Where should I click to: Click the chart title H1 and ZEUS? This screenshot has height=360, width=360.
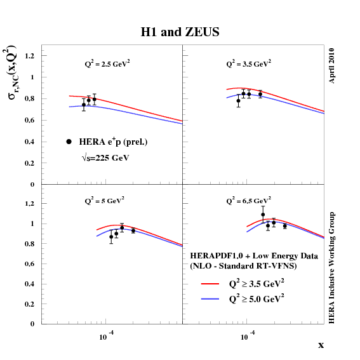pyautogui.click(x=180, y=32)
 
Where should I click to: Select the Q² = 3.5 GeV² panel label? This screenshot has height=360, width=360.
pyautogui.click(x=249, y=63)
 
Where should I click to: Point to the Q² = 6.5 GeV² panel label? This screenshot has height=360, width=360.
pyautogui.click(x=249, y=201)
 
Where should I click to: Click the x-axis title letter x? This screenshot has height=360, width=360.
pyautogui.click(x=321, y=345)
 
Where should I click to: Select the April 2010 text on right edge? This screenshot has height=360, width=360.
pyautogui.click(x=332, y=65)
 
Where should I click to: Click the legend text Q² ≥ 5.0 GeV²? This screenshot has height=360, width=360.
pyautogui.click(x=257, y=298)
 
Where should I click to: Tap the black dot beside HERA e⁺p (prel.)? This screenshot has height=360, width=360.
pyautogui.click(x=69, y=142)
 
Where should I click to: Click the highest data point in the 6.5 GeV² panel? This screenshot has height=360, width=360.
pyautogui.click(x=263, y=215)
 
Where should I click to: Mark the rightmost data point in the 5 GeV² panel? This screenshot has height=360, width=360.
pyautogui.click(x=133, y=230)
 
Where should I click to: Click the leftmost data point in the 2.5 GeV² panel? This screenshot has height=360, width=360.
pyautogui.click(x=84, y=105)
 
